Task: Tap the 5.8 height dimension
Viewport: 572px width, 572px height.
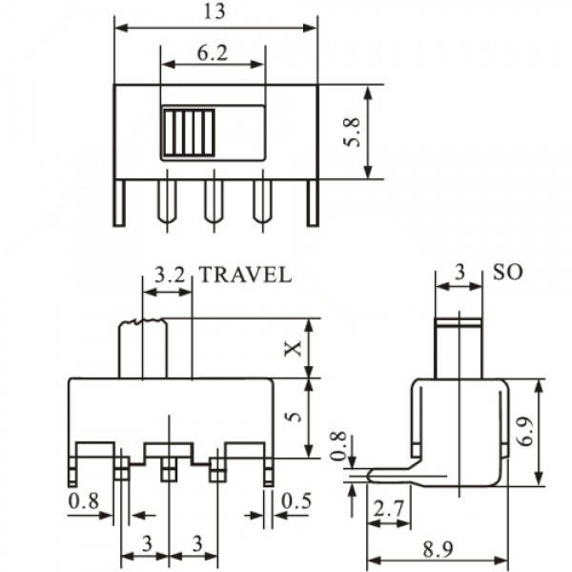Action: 353,132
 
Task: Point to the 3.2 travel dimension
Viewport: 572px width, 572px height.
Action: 169,276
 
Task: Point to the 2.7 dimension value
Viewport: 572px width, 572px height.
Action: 387,510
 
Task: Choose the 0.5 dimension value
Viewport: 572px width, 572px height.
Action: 296,500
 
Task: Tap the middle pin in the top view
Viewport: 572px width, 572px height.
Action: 213,198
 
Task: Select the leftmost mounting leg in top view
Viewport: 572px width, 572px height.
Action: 119,202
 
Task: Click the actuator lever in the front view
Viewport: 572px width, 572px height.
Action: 141,349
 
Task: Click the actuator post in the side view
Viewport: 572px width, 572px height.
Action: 457,348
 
